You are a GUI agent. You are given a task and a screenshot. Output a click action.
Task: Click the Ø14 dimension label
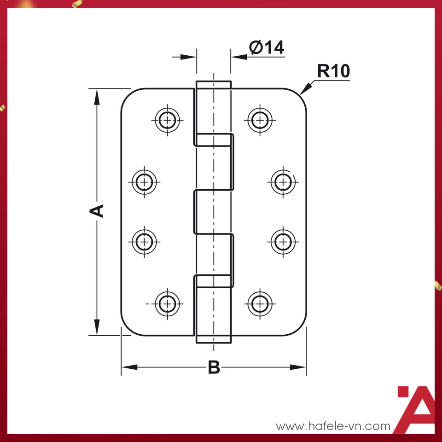coord(267,47)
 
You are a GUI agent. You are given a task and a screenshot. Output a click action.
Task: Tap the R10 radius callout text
coord(333,71)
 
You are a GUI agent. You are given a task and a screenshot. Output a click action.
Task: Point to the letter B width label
coord(214,368)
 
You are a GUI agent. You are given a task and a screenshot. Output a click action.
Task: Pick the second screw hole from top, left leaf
coord(145,182)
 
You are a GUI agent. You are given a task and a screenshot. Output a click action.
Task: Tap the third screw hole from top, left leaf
coord(145,240)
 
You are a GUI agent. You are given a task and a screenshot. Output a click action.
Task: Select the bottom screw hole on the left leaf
coord(167,303)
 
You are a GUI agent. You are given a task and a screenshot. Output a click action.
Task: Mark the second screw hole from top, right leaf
coord(282,182)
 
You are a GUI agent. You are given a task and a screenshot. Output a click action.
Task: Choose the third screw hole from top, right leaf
coord(282,240)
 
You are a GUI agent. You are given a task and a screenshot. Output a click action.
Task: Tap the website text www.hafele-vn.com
coord(333,426)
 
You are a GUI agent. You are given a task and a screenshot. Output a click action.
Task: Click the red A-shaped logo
coord(416,409)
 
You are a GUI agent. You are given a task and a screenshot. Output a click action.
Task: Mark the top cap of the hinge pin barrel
coord(214,85)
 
